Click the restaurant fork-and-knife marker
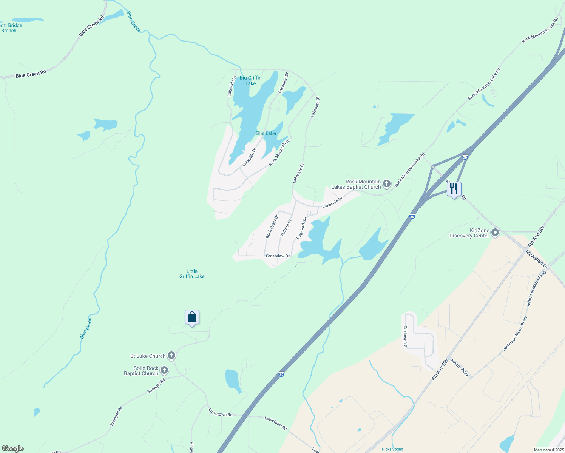(x=454, y=189)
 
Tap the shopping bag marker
(x=192, y=317)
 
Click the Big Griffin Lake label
(x=251, y=81)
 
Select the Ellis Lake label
(x=266, y=133)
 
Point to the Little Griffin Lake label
(x=192, y=274)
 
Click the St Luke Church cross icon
(x=171, y=356)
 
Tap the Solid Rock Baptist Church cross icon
(x=164, y=370)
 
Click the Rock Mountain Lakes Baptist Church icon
(x=386, y=184)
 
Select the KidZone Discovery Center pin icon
(x=495, y=233)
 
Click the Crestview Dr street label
(x=278, y=256)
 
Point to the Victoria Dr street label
(x=286, y=228)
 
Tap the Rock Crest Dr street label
(x=272, y=226)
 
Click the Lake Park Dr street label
(x=301, y=228)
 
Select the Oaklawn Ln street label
(x=405, y=336)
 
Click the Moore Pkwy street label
(x=460, y=368)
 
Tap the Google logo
(x=13, y=448)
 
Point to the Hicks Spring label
(x=392, y=449)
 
